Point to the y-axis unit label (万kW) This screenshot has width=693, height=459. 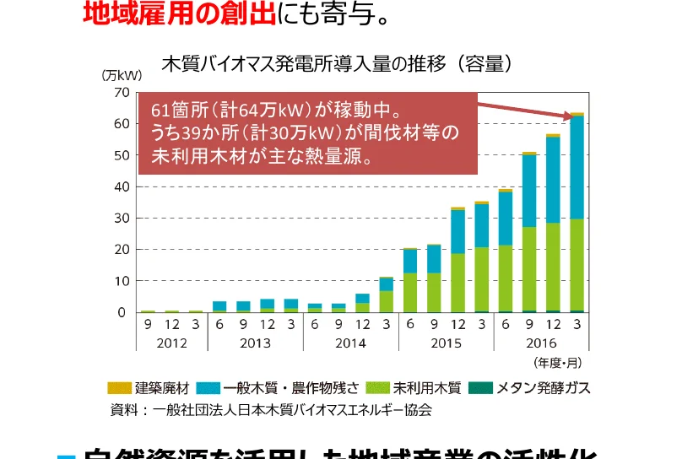122,76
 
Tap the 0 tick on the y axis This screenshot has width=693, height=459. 122,312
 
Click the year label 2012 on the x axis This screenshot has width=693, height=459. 171,343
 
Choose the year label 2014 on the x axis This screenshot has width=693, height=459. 350,343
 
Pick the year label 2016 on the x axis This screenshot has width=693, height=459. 541,343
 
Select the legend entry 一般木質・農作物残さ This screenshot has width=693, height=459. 278,388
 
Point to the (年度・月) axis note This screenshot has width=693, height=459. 557,362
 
